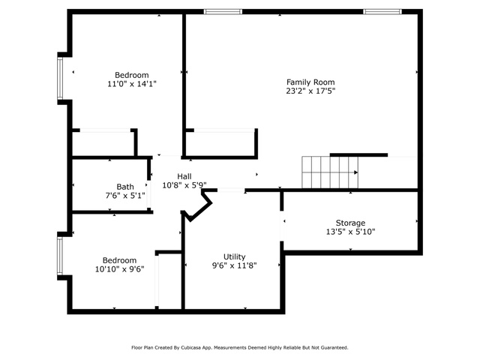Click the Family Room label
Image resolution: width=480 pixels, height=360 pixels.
[x=310, y=82]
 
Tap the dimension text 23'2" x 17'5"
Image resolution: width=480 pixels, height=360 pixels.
[x=310, y=91]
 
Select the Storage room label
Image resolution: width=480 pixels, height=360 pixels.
[x=350, y=223]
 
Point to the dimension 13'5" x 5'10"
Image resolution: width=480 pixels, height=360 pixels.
[x=350, y=232]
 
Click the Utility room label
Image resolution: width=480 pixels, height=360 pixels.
[x=234, y=256]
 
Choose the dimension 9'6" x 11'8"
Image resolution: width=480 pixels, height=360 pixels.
[x=234, y=266]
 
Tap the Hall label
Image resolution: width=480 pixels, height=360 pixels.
[x=184, y=175]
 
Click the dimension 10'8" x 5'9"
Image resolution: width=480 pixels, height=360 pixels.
[x=184, y=185]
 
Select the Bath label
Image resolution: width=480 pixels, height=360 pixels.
[x=124, y=187]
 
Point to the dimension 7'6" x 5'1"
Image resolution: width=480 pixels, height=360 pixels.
[x=124, y=196]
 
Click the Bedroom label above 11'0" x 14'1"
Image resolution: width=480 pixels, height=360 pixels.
[x=131, y=74]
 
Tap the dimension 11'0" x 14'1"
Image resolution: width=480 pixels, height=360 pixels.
[x=131, y=84]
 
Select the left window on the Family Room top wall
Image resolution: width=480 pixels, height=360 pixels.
[x=223, y=12]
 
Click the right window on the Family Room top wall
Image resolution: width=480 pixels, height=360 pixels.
[x=382, y=12]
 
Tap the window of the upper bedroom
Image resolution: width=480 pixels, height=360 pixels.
[x=61, y=77]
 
